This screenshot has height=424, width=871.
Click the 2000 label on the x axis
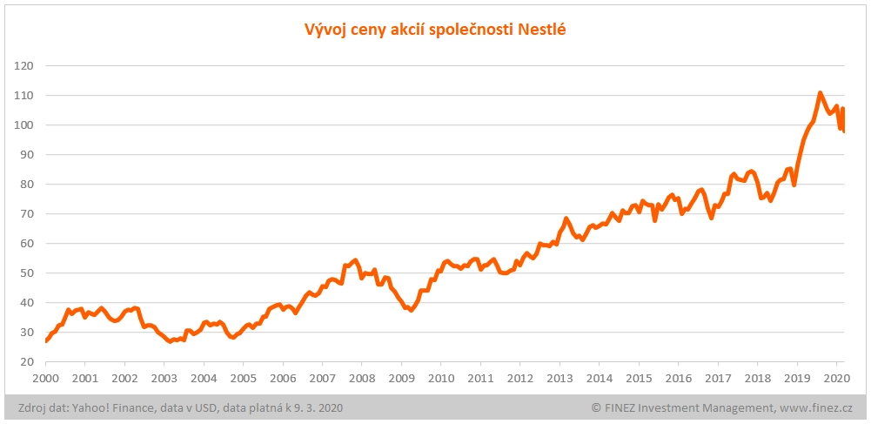(45, 379)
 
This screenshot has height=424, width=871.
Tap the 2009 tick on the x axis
(401, 379)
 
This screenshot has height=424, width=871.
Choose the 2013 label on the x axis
(559, 379)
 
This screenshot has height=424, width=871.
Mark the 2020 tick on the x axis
(836, 379)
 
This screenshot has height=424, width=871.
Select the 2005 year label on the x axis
(243, 379)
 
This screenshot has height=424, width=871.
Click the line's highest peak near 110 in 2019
(820, 92)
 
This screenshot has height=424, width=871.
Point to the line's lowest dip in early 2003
(170, 341)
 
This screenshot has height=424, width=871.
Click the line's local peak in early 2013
(566, 219)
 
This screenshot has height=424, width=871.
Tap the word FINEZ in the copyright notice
(622, 407)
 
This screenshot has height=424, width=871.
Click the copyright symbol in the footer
(596, 407)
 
